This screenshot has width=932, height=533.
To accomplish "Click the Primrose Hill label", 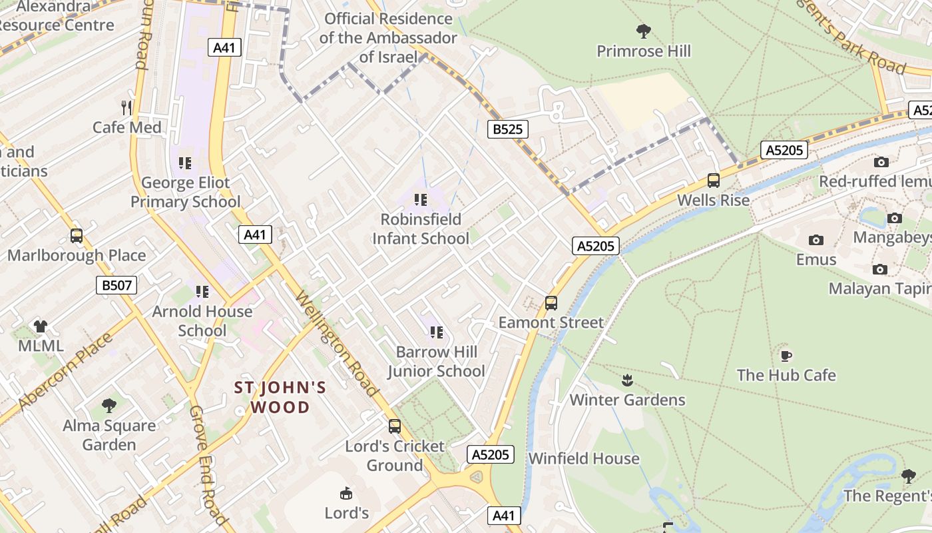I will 643,51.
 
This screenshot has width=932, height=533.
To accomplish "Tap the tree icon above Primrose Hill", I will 643,31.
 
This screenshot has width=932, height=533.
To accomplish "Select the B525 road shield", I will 507,129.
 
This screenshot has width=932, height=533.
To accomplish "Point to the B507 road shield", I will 116,286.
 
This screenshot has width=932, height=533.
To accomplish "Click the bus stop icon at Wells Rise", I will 714,181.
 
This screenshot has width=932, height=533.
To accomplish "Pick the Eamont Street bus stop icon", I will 551,303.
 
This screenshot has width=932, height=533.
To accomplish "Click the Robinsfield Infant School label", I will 420,229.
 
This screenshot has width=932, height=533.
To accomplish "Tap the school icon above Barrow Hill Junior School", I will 437,332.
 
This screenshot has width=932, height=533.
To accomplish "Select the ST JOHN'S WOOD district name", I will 280,397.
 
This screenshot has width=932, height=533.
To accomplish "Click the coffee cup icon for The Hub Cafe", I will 786,356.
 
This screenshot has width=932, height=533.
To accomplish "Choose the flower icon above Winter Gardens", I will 627,380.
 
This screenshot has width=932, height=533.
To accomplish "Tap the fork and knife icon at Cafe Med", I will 126,107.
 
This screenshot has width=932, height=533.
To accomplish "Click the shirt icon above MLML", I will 41,326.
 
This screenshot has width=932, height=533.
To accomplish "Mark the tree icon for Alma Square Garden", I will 109,406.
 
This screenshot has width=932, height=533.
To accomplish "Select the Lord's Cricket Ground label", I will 395,456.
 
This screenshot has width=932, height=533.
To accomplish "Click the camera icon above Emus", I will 816,240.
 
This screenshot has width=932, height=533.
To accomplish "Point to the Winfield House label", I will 584,458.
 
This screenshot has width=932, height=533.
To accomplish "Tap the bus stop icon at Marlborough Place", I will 77,236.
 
